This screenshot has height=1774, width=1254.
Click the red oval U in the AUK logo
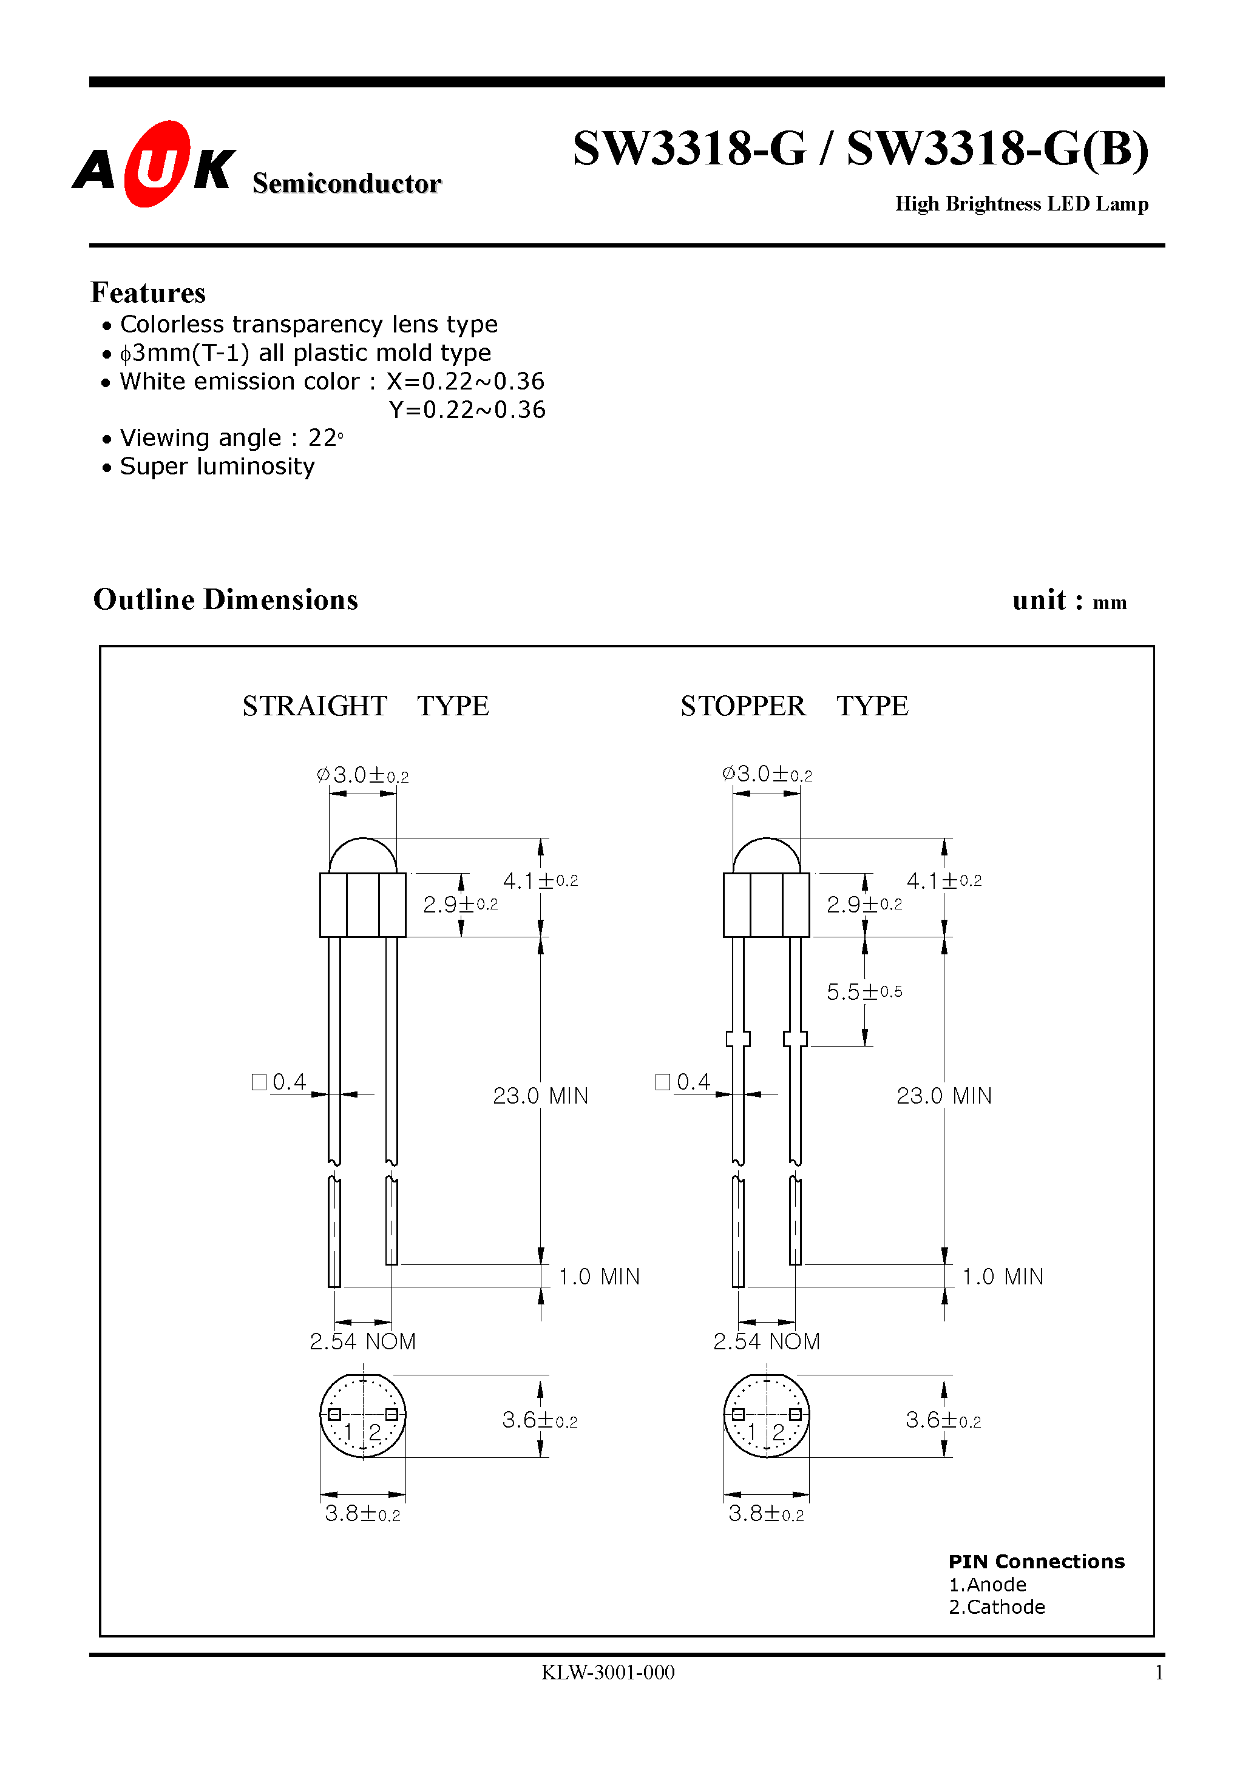[157, 164]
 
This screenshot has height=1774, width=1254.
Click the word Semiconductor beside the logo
[347, 184]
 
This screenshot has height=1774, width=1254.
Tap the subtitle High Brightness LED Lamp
[1022, 204]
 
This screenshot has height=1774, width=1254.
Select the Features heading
[147, 293]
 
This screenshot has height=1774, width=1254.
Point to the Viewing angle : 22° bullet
[231, 438]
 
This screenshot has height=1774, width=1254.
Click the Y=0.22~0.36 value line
[467, 410]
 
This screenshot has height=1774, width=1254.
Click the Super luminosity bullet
[217, 467]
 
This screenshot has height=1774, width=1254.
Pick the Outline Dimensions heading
[225, 599]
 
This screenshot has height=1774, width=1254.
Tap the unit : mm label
[1069, 601]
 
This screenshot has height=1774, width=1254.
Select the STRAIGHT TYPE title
[365, 706]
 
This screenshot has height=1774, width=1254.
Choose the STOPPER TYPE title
[794, 706]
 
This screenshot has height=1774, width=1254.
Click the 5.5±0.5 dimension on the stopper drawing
[864, 991]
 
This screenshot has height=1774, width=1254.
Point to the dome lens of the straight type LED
[362, 856]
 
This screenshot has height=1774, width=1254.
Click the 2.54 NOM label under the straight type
[362, 1341]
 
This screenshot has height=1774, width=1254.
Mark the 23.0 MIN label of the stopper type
[943, 1096]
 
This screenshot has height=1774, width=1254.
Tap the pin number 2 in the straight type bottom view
[375, 1432]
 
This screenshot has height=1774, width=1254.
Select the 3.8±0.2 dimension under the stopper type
[765, 1514]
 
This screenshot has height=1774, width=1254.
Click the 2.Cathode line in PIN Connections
[996, 1607]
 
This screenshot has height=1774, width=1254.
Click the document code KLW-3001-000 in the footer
[608, 1673]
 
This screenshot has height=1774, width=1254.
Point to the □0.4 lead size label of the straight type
[280, 1082]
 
